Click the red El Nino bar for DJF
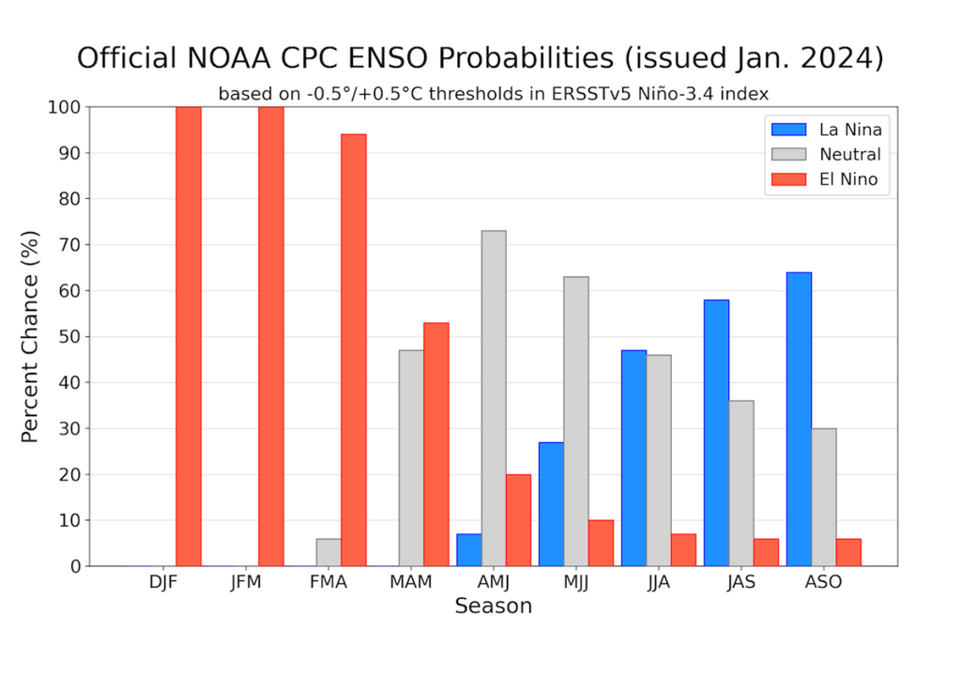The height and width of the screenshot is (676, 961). coord(189,336)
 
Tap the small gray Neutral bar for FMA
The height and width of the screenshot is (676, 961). coord(328,552)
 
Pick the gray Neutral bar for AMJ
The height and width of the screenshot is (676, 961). coord(494,398)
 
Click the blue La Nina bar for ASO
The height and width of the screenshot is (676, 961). coord(799,419)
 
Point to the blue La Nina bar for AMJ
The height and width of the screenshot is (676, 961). coord(468,549)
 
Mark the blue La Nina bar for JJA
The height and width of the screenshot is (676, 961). coord(633,458)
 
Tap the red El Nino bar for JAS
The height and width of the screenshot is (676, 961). coord(766,552)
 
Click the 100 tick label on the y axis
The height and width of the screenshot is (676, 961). coord(64,107)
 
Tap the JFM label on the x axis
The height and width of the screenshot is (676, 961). coord(246,582)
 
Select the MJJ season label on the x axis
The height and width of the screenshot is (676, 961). coord(576,582)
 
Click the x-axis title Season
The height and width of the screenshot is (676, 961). coord(493,607)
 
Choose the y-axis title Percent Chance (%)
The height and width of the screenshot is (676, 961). coord(30,336)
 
